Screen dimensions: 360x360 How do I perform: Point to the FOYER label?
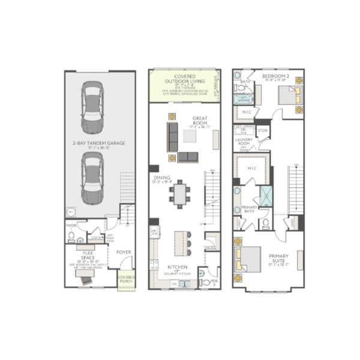pyautogui.click(x=124, y=252)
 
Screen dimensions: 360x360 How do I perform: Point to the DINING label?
pyautogui.click(x=161, y=178)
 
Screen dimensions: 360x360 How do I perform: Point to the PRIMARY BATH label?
pyautogui.click(x=249, y=208)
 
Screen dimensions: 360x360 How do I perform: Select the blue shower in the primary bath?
pyautogui.click(x=265, y=196)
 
